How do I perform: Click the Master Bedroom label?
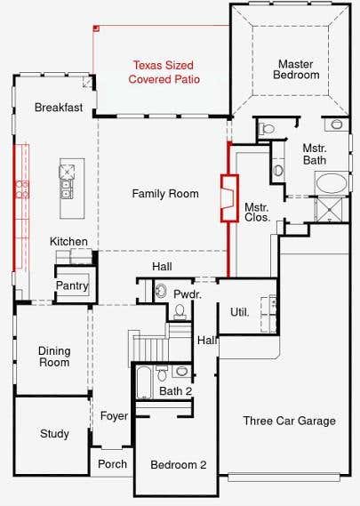tap(296, 69)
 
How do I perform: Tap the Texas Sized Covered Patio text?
tap(164, 72)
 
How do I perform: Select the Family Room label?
tap(165, 194)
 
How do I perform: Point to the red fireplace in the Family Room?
tap(229, 198)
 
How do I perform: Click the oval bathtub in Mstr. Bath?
tap(332, 183)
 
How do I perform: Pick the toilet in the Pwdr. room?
tap(180, 311)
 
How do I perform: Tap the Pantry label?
tap(72, 285)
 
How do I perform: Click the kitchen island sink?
tap(67, 189)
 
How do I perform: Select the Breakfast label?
tap(59, 107)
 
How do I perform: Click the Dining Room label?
tap(54, 357)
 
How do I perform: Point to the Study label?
tap(54, 434)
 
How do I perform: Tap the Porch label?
tap(112, 464)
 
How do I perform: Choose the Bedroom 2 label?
tap(179, 465)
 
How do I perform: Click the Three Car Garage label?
tap(290, 421)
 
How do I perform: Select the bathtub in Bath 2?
tap(143, 382)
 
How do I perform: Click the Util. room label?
tap(240, 312)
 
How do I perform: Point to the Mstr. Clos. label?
tap(257, 212)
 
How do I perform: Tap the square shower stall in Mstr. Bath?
tap(329, 210)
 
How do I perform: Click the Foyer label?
tap(114, 416)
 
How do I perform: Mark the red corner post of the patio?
tap(96, 28)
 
